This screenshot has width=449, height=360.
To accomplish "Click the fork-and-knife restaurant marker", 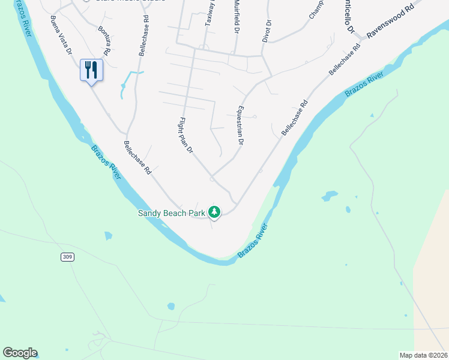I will click(x=92, y=70).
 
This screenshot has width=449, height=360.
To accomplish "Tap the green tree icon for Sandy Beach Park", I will click(x=214, y=212).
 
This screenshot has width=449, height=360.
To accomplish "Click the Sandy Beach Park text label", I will click(x=172, y=213).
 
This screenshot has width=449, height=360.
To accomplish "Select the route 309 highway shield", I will click(x=68, y=257).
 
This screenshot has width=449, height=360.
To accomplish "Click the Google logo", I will click(x=20, y=353).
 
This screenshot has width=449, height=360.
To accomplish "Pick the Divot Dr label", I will click(x=267, y=30).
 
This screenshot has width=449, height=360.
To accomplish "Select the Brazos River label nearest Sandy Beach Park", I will click(x=107, y=163).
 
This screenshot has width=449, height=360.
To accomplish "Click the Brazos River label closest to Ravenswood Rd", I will click(x=364, y=83).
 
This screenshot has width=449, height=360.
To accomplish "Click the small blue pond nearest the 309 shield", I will click(x=108, y=236).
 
